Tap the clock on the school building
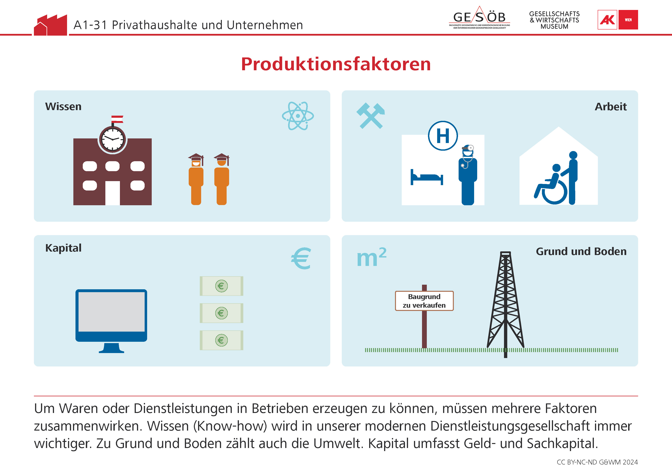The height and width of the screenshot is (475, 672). [x=112, y=139]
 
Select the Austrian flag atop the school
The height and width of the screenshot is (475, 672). [x=117, y=119]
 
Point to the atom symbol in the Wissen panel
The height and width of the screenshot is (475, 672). [x=298, y=116]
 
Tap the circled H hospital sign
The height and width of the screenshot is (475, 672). [x=443, y=136]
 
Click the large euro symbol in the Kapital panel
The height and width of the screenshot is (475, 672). [x=301, y=258]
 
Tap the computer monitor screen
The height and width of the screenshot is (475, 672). [x=111, y=312]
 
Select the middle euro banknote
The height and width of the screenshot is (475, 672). [x=222, y=313]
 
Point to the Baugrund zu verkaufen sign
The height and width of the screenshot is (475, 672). [x=424, y=301]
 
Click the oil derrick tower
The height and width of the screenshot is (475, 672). [x=506, y=304]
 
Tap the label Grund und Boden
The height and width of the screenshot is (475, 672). [x=581, y=251]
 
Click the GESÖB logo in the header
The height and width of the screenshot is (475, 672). [x=479, y=18]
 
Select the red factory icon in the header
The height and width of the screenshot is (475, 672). [x=50, y=25]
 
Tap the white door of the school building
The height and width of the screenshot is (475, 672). [x=112, y=193]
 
